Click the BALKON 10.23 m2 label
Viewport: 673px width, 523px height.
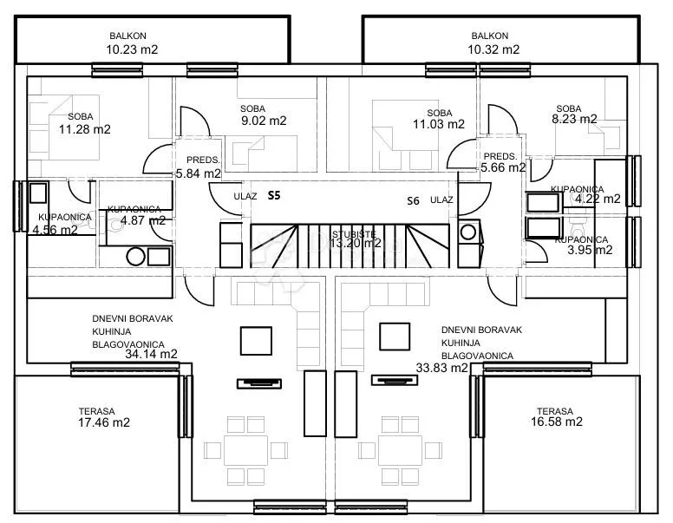point(132,43)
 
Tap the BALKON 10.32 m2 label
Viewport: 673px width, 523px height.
point(493,43)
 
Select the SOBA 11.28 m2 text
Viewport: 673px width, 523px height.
point(84,123)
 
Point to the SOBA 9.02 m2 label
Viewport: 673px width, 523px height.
point(264,115)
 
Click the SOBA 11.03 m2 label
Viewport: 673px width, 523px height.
point(439,119)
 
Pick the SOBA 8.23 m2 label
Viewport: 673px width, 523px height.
point(574,114)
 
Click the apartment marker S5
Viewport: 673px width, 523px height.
point(274,195)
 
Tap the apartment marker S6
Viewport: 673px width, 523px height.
point(413,200)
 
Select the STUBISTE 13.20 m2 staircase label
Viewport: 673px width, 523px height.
point(356,239)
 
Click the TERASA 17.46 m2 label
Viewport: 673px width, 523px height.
point(104,417)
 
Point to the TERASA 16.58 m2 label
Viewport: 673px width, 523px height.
point(557,417)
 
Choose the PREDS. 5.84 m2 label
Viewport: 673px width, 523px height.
point(199,167)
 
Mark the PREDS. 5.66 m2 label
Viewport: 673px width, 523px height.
point(503,162)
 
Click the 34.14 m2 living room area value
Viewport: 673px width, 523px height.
point(151,354)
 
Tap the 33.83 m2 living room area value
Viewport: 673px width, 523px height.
point(441,368)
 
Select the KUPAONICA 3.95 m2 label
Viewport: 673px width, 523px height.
point(585,245)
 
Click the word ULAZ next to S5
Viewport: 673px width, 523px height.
point(245,196)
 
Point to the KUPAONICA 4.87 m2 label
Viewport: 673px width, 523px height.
point(136,215)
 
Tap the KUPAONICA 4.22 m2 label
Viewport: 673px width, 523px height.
point(586,194)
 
